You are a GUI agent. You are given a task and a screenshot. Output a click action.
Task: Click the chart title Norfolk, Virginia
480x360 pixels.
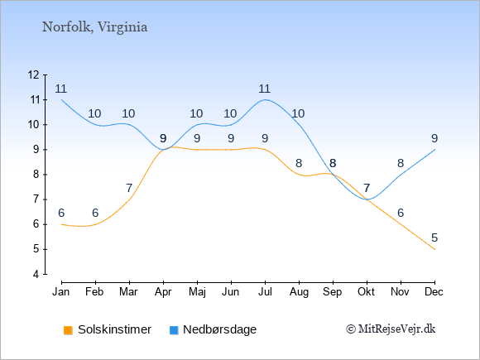point(94,27)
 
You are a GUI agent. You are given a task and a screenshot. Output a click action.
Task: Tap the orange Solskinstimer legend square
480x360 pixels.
point(68,330)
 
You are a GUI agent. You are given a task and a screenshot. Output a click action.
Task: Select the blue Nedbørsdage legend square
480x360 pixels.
point(174,330)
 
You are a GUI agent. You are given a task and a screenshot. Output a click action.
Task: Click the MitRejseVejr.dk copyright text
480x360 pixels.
point(391,329)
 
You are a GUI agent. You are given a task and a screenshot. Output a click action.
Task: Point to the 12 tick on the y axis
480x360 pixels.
point(34,74)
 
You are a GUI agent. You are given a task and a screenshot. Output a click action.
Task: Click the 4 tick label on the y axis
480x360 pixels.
point(36,274)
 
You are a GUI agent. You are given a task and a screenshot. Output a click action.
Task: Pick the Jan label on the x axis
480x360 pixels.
point(61,292)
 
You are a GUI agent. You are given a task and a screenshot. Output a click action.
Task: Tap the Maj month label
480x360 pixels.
point(197,292)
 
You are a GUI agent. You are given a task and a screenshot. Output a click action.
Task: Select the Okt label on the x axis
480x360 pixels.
point(366,292)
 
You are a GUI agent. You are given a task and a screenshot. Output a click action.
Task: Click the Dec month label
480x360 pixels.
point(434,292)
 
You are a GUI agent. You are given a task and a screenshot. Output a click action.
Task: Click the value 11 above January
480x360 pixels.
point(61,89)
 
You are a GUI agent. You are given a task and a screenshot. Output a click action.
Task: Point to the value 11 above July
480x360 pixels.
point(265,89)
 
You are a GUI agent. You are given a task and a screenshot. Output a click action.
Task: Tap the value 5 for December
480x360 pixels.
point(434,238)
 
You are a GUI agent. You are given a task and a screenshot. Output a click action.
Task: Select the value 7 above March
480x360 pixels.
point(129,188)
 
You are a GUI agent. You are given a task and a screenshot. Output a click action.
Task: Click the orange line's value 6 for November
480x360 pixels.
point(401,213)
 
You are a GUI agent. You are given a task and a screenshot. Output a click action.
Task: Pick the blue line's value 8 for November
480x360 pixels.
point(401,164)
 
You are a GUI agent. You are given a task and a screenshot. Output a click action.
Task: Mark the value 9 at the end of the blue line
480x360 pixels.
point(434,139)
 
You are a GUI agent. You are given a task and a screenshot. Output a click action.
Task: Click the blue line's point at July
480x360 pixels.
point(265,100)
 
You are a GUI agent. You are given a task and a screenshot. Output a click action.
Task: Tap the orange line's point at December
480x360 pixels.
point(434,249)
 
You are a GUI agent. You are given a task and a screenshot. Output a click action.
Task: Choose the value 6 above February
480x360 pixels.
point(95,213)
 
